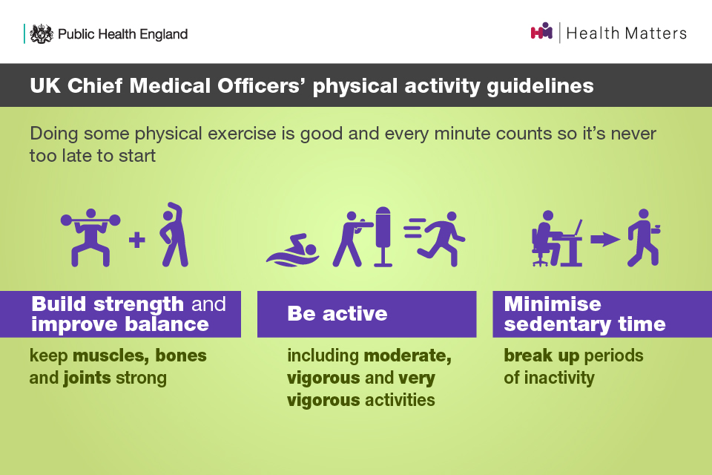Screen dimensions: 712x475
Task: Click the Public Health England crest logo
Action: point(42,33)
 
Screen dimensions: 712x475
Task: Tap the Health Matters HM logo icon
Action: point(541,31)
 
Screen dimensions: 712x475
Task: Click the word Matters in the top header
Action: point(656,33)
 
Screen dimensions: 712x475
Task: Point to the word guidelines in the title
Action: point(541,86)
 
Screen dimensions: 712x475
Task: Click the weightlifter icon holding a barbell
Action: point(90,237)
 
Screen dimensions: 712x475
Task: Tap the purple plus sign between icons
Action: point(137,240)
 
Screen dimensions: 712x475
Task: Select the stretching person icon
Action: point(174,234)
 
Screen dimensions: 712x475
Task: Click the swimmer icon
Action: point(293,250)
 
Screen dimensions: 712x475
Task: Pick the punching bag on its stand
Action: point(383,236)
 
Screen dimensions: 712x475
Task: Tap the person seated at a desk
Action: point(557,238)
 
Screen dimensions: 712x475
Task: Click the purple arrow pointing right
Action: point(605,239)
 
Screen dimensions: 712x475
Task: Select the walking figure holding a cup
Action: point(644,237)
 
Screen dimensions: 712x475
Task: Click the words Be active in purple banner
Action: point(337,314)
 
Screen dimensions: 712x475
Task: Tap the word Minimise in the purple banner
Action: point(553,304)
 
